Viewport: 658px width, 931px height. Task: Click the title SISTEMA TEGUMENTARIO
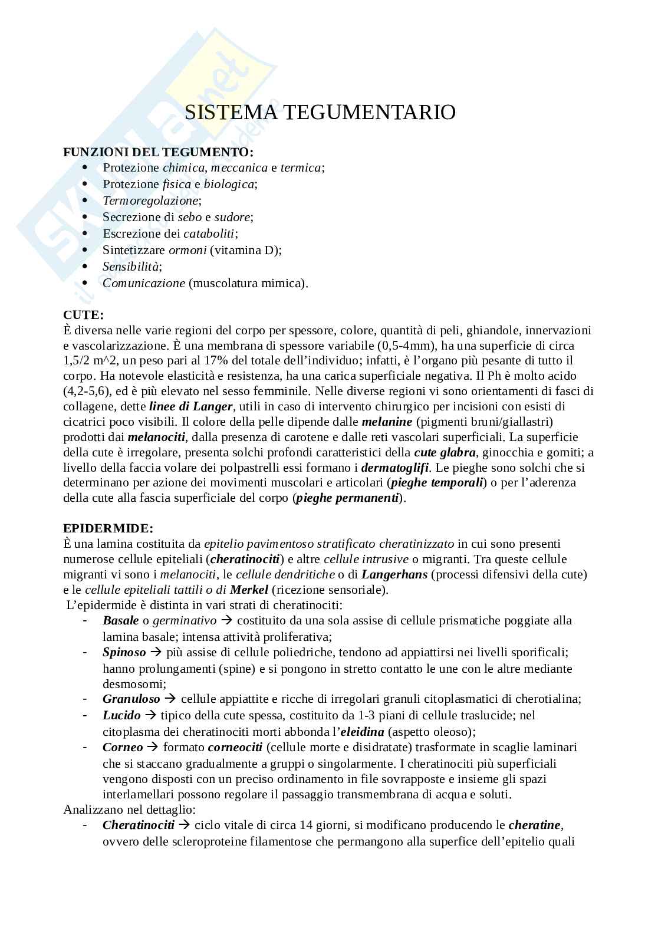320,113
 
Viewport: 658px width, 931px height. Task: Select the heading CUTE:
83,315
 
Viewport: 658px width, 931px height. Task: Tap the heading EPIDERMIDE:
108,528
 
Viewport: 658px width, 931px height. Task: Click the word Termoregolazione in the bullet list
151,200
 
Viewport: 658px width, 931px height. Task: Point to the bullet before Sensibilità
86,267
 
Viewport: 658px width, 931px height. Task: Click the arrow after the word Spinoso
156,653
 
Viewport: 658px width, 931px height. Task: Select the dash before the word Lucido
86,715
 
